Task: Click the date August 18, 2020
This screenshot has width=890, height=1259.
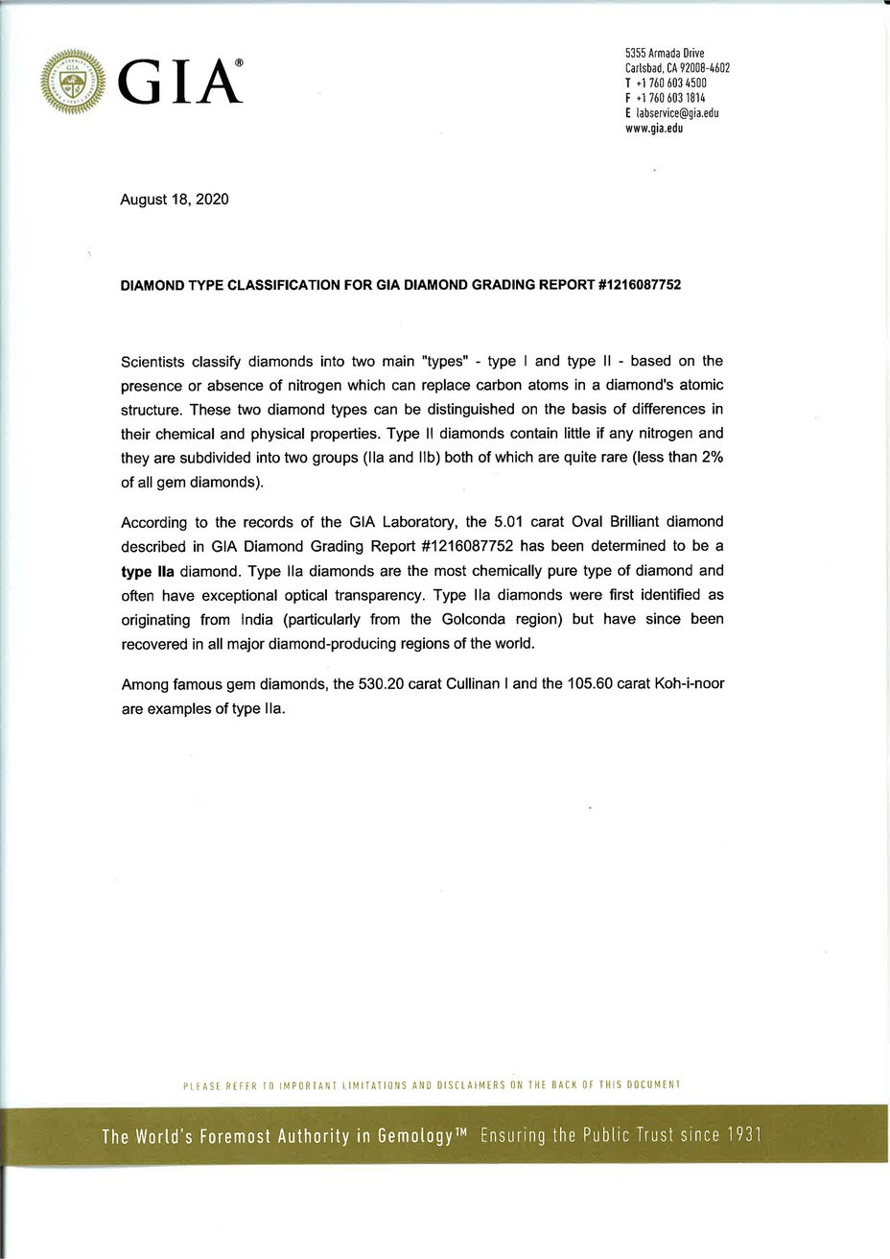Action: click(x=175, y=200)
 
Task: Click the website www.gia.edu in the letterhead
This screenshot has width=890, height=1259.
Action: click(x=654, y=127)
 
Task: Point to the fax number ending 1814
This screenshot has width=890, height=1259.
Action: click(x=670, y=97)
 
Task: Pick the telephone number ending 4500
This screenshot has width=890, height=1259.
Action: click(x=670, y=83)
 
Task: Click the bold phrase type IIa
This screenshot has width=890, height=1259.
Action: click(x=149, y=571)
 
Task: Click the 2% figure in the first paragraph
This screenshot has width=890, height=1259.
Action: click(x=712, y=457)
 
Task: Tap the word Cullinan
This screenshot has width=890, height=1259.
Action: click(x=500, y=685)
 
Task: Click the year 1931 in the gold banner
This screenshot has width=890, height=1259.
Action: click(x=743, y=1136)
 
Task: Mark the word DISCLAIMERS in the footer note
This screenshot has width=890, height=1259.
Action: click(x=472, y=1084)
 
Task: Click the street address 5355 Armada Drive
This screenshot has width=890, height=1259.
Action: click(x=665, y=54)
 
